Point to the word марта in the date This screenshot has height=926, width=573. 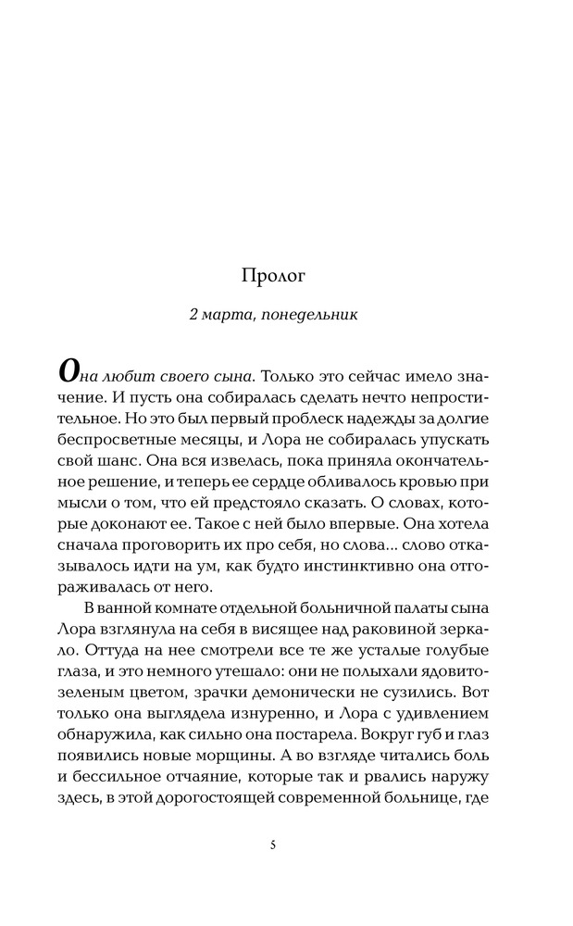pos(230,315)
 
